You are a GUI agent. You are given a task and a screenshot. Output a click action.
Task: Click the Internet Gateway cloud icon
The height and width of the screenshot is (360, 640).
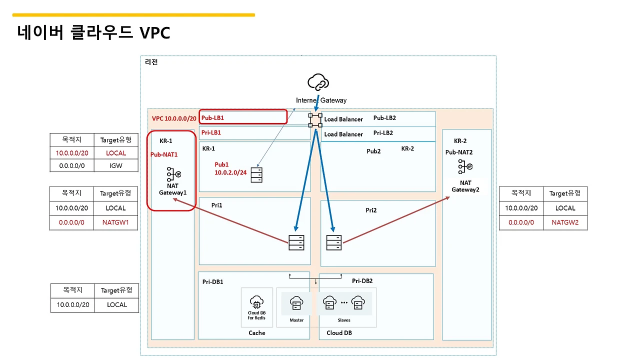click(318, 82)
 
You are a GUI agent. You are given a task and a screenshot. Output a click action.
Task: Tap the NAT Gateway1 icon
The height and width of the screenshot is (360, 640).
click(173, 174)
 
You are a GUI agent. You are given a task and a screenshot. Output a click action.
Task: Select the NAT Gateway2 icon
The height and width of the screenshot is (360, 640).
click(465, 166)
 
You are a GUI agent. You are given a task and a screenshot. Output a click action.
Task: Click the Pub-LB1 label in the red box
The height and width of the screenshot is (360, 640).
click(212, 117)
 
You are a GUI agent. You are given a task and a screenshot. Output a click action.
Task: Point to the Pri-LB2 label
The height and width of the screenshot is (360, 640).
click(383, 133)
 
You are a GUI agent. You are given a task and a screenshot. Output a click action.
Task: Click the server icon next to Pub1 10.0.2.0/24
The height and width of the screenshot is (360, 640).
click(256, 175)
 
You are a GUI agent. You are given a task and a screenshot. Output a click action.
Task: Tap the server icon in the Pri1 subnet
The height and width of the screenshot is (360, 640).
click(296, 242)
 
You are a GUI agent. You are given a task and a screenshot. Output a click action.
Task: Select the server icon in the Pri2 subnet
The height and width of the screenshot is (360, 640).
click(333, 242)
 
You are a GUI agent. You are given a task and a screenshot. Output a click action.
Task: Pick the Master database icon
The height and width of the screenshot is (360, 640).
click(296, 303)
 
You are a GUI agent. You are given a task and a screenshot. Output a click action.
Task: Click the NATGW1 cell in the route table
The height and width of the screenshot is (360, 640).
click(115, 222)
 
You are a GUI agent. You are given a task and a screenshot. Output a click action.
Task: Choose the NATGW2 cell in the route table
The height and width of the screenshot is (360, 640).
click(565, 222)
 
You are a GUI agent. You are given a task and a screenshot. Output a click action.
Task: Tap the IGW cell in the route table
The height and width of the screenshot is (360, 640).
click(116, 165)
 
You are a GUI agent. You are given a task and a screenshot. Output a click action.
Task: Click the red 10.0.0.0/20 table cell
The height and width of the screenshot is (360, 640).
click(72, 153)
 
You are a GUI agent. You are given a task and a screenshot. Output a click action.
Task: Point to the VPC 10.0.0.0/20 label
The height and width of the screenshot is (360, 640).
click(174, 118)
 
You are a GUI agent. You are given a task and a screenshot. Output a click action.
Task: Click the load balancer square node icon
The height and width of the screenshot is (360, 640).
click(315, 120)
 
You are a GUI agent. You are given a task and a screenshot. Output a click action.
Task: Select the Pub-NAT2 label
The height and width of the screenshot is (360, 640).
click(459, 152)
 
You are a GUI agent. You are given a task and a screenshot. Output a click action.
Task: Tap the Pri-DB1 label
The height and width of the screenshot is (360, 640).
click(213, 281)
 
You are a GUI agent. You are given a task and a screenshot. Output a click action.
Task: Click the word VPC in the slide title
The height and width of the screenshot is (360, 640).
click(155, 32)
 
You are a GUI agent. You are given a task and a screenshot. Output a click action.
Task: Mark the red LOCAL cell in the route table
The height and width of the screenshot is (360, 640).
click(116, 153)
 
